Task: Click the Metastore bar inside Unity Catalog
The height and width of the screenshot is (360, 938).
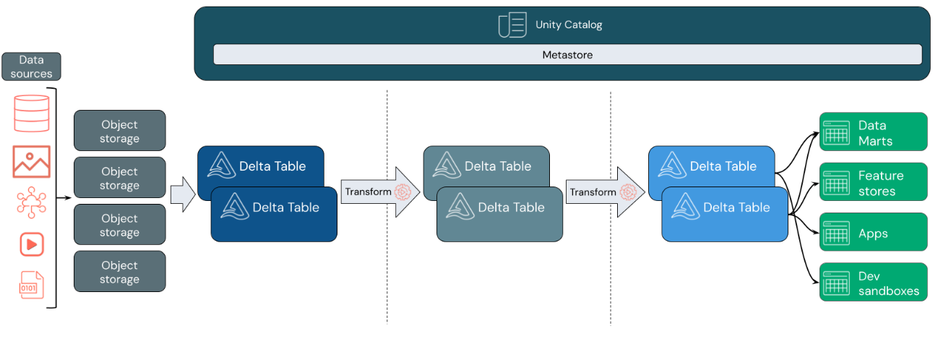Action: pos(567,55)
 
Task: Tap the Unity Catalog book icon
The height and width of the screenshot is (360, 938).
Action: pos(512,25)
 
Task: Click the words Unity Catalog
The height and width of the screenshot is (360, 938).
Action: pos(569,25)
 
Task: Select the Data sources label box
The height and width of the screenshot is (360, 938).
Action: pos(31,67)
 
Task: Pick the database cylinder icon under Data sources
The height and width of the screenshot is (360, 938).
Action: pos(32,113)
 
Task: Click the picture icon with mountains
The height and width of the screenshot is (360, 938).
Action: pos(32,161)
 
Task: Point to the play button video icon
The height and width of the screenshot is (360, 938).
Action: pos(32,244)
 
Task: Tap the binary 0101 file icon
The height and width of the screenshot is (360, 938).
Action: pos(32,284)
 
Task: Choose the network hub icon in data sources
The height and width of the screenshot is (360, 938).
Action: pos(32,203)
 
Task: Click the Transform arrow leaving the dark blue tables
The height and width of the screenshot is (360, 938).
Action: pos(379,192)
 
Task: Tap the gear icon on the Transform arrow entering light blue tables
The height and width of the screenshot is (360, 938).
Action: pos(627,192)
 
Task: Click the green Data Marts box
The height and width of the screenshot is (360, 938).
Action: pos(873,132)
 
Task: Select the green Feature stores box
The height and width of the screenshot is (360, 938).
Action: pos(873,183)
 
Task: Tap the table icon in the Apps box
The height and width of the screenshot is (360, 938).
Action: pos(836,233)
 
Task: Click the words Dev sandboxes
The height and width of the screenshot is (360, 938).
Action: pos(888,283)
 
